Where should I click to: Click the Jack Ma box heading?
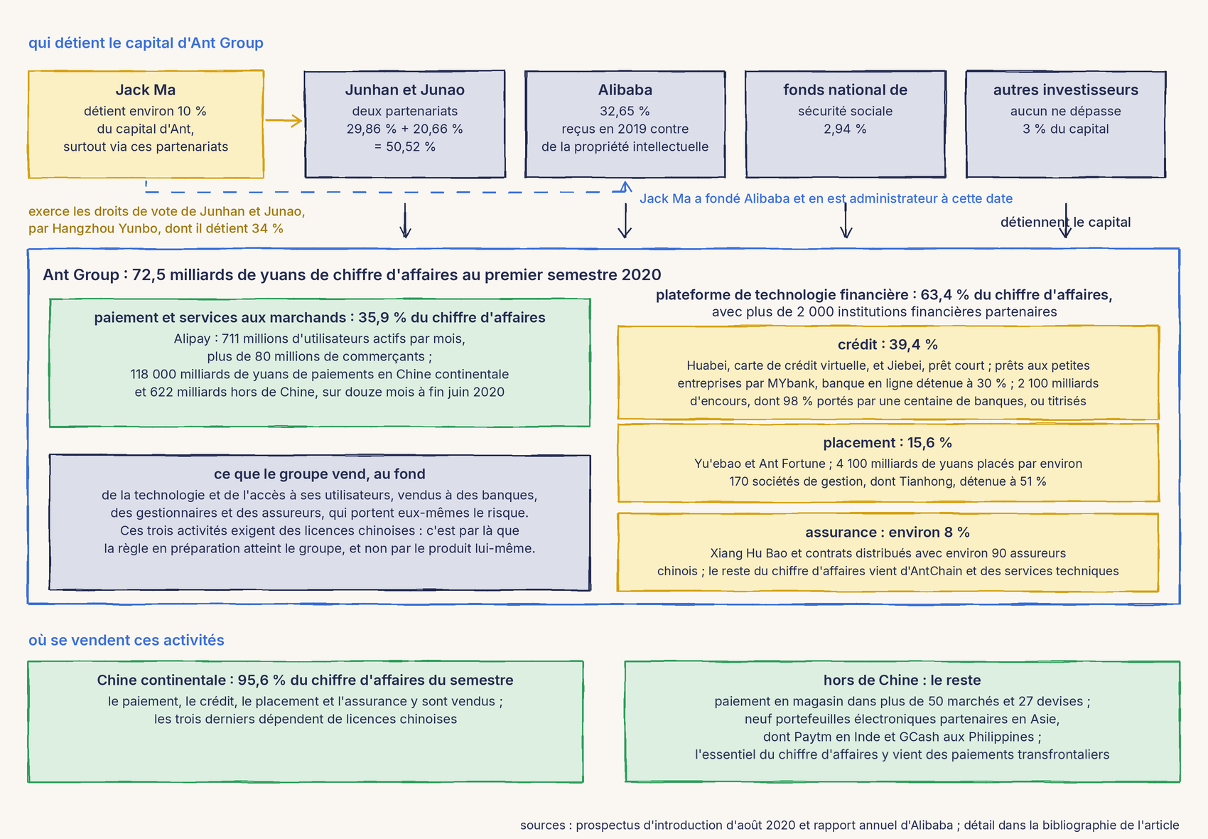click(146, 90)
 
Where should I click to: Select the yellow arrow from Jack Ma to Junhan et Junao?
click(283, 120)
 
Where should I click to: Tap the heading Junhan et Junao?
click(404, 90)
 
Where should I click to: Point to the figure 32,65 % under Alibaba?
click(625, 111)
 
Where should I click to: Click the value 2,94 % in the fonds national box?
click(845, 129)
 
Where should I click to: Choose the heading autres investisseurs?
click(1066, 90)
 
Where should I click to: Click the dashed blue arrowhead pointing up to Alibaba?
click(625, 187)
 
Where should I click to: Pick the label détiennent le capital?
click(1065, 223)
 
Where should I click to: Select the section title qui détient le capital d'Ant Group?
click(146, 43)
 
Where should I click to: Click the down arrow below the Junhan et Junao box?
click(405, 220)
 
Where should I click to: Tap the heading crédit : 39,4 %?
click(888, 344)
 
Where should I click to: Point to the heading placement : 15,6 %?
click(888, 442)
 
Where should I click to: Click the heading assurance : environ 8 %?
click(888, 532)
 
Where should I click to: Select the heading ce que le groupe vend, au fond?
click(319, 474)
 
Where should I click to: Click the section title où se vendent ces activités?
click(126, 640)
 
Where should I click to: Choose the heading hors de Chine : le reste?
click(902, 680)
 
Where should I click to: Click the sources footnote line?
click(849, 825)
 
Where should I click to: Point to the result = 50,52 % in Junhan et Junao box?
click(404, 146)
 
